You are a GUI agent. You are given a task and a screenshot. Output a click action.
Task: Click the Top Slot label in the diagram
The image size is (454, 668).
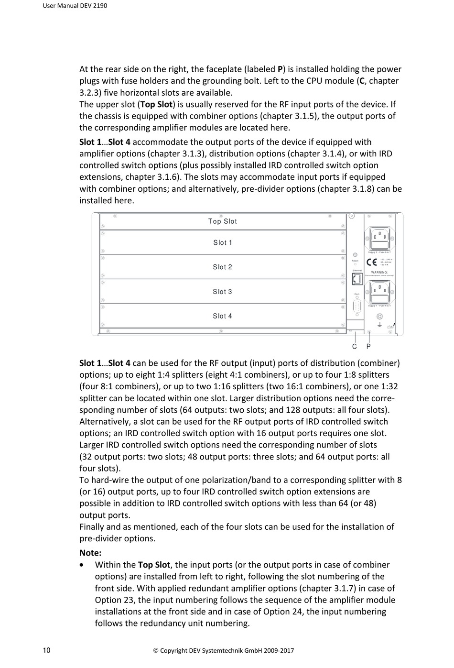[x=222, y=221]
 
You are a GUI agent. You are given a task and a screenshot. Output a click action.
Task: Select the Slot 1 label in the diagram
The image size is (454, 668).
[x=223, y=243]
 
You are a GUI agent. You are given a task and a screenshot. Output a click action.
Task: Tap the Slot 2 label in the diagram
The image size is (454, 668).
[x=223, y=267]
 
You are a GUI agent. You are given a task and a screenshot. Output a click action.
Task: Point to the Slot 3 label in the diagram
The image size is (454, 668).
[x=223, y=292]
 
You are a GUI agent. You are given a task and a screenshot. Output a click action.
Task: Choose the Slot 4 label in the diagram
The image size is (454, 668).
[x=223, y=316]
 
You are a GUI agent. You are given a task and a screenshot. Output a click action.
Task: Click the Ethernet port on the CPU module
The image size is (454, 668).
[x=356, y=278]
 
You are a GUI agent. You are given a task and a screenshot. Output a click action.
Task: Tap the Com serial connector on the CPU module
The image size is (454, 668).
[x=357, y=307]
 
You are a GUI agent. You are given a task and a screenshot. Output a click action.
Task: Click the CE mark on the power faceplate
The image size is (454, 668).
[x=372, y=262]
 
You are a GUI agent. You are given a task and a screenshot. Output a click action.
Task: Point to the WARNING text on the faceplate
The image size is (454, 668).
[x=379, y=272]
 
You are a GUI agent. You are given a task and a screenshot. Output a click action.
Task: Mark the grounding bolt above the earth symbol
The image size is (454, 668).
[x=380, y=316]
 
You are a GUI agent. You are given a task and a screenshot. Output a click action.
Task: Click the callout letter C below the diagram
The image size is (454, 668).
[x=355, y=347]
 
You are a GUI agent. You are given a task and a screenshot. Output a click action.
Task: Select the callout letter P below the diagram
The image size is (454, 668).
[x=369, y=347]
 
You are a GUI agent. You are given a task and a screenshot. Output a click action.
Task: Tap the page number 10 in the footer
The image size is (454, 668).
[x=47, y=650]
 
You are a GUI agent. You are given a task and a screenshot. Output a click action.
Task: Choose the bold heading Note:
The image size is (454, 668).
[x=90, y=553]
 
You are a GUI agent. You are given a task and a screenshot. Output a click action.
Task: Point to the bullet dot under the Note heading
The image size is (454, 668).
[x=84, y=565]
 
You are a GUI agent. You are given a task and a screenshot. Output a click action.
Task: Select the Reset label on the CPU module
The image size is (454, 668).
[x=355, y=261]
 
